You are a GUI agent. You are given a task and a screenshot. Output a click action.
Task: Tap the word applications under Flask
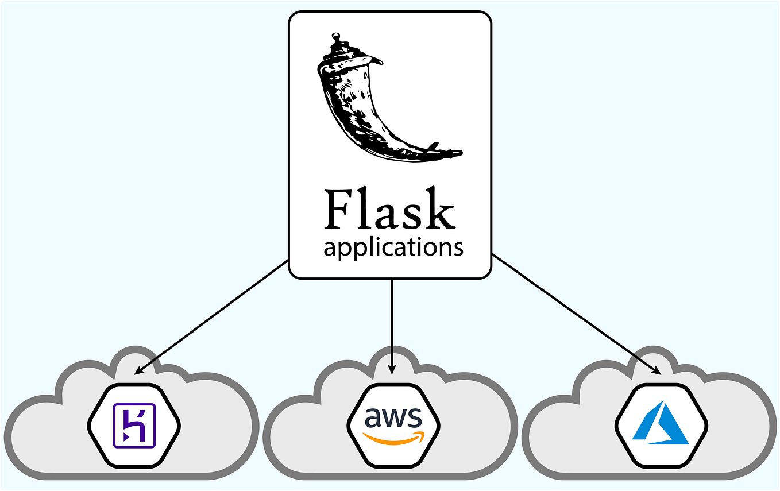[393, 248]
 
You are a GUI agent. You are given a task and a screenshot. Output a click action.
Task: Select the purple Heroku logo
[134, 426]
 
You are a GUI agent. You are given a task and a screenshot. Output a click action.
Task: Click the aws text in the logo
[393, 418]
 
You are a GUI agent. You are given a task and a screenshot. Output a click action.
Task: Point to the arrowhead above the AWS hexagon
[392, 369]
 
